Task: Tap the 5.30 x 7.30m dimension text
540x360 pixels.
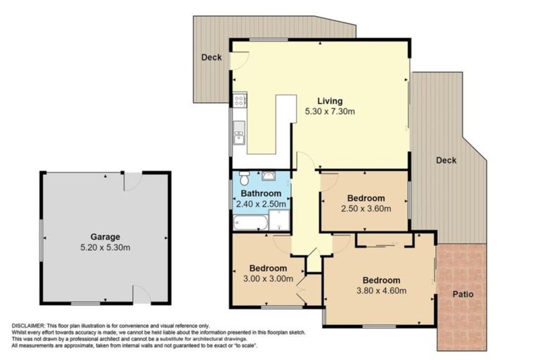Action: pyautogui.click(x=329, y=111)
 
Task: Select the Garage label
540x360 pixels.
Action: pyautogui.click(x=105, y=237)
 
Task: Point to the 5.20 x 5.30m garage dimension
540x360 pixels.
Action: pyautogui.click(x=105, y=247)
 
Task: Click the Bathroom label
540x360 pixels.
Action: pyautogui.click(x=261, y=193)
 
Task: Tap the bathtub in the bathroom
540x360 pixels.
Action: pyautogui.click(x=250, y=223)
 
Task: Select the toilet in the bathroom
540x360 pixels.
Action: pyautogui.click(x=243, y=176)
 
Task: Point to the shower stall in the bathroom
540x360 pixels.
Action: pyautogui.click(x=280, y=221)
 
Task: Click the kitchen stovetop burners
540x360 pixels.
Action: pyautogui.click(x=239, y=100)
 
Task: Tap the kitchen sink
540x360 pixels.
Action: pyautogui.click(x=239, y=132)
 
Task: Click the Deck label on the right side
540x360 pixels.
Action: pyautogui.click(x=446, y=160)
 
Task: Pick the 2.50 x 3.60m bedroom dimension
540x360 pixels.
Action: pyautogui.click(x=364, y=209)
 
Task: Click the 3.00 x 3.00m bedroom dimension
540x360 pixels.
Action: pyautogui.click(x=267, y=279)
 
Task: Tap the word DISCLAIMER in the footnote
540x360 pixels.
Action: pyautogui.click(x=28, y=326)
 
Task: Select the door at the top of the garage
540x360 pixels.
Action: pyautogui.click(x=133, y=181)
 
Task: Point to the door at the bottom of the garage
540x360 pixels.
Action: pyautogui.click(x=141, y=295)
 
